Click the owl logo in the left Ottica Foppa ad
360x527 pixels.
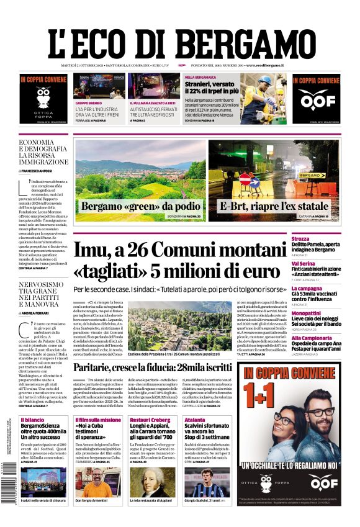pyautogui.click(x=43, y=97)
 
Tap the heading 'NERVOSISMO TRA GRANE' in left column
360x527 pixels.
pyautogui.click(x=42, y=291)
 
